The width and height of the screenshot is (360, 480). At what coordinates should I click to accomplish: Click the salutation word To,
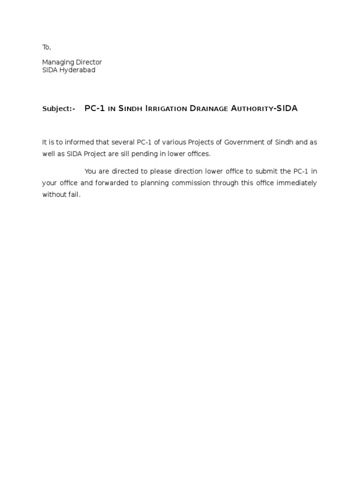[x=46, y=47]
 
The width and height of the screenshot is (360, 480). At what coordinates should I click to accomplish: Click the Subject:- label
[x=59, y=109]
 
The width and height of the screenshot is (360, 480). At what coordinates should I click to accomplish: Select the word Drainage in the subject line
[x=208, y=109]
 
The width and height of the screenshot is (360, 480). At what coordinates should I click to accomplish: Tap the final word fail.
[x=74, y=195]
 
